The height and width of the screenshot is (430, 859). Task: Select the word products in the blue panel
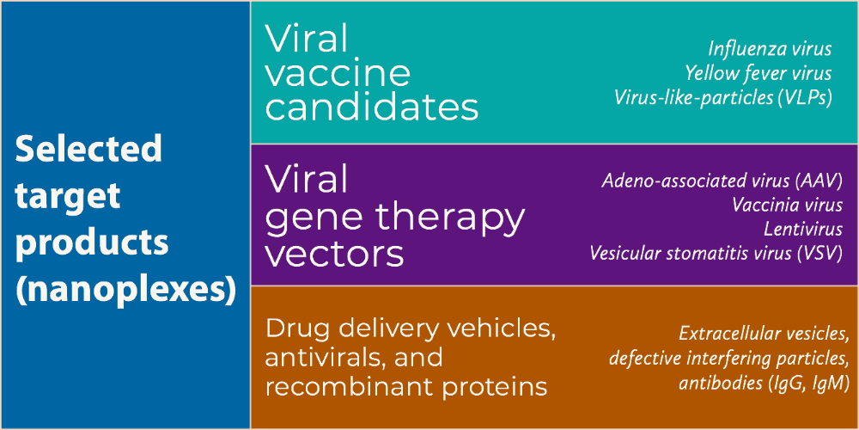click(x=92, y=245)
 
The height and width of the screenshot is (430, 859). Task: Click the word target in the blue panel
click(x=67, y=196)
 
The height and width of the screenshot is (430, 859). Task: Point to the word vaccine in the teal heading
click(x=338, y=74)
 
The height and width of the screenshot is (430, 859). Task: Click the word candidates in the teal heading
click(x=372, y=107)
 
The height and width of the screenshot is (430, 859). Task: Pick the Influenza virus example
click(x=771, y=49)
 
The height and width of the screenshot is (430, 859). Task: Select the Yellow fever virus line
click(x=758, y=73)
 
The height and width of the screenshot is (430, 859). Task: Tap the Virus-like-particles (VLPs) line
click(x=723, y=98)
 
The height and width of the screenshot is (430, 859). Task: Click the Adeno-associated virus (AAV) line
click(x=722, y=181)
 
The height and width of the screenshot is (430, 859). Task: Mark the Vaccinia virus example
click(x=787, y=206)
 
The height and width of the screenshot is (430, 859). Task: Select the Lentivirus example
click(x=803, y=230)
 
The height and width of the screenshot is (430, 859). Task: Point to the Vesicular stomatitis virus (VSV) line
click(x=716, y=254)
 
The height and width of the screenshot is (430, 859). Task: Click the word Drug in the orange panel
click(x=297, y=329)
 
